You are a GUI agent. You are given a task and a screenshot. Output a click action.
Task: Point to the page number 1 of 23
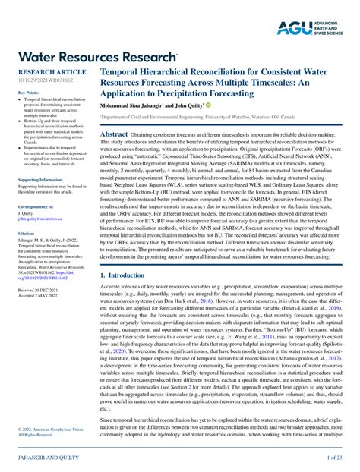click(334, 458)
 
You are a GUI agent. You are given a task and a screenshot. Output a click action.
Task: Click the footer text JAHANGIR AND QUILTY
click(46, 458)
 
